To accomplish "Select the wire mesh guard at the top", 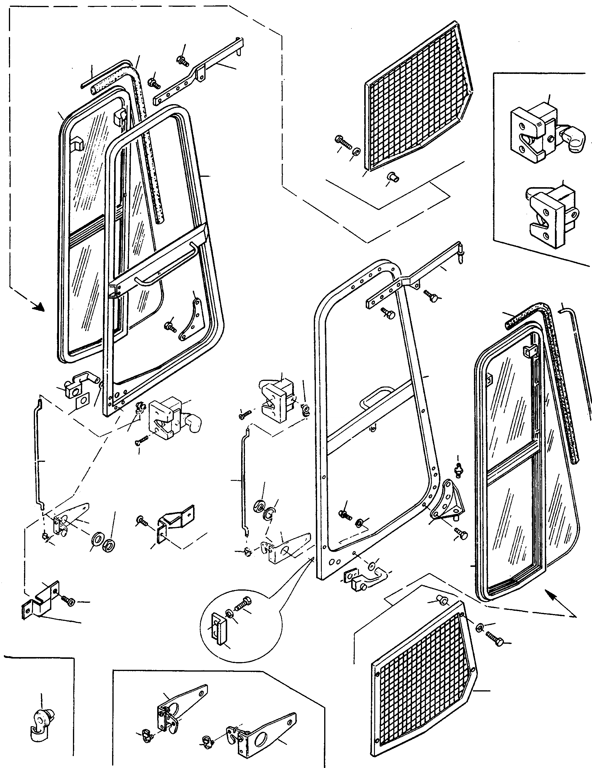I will click(x=418, y=98).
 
